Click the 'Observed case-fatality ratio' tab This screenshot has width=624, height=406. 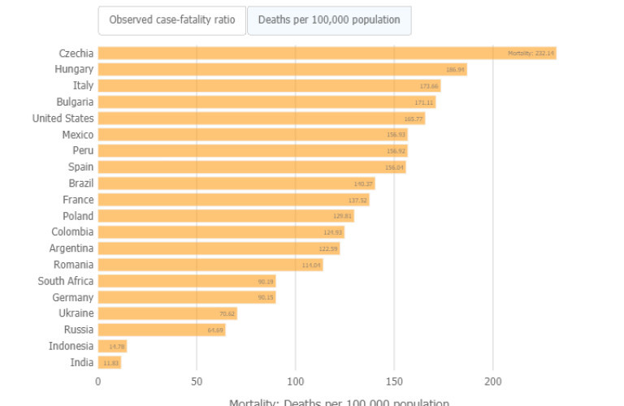pos(171,20)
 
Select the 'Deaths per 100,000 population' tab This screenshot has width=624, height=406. pos(329,20)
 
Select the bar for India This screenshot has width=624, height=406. pos(109,362)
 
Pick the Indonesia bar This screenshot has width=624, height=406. pos(112,346)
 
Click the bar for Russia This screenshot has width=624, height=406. pos(161,330)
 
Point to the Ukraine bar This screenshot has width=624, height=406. pos(167,313)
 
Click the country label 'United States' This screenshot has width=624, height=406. pos(63,119)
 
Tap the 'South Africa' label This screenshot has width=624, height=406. pos(65,281)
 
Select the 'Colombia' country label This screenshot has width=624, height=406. pos(72,232)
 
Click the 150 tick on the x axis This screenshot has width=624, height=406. pos(394,382)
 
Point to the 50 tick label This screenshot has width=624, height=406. pos(197,382)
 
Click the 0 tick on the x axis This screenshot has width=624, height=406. pos(98,382)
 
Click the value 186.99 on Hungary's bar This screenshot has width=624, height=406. pos(455,70)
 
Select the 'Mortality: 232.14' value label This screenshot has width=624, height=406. pos(531,54)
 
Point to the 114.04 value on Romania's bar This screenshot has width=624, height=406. pos(311,265)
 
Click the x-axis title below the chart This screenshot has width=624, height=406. pos(339,402)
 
